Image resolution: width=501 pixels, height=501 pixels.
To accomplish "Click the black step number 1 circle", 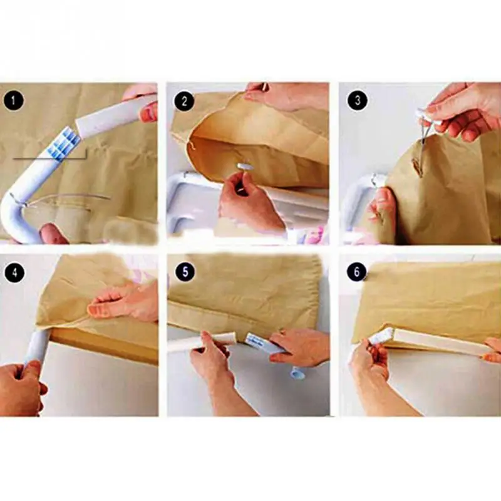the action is click(x=13, y=101).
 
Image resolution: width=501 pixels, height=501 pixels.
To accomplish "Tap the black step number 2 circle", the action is click(x=184, y=101).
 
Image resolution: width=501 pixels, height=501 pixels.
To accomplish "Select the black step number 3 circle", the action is click(x=358, y=100).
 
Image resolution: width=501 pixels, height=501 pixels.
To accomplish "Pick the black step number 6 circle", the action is click(x=357, y=272).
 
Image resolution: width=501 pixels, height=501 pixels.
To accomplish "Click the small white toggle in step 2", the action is click(x=245, y=166).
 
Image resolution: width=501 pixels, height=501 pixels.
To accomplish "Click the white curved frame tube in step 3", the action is click(x=358, y=198).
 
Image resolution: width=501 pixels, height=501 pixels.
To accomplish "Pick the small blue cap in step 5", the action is click(x=296, y=373).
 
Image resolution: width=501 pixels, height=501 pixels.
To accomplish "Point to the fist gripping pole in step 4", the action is click(x=21, y=386).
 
